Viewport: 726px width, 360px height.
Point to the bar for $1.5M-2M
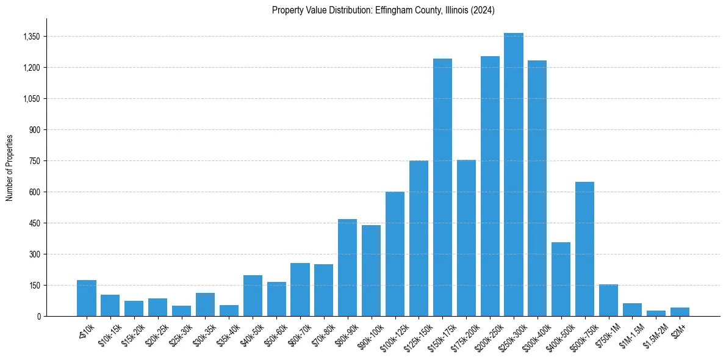point(656,313)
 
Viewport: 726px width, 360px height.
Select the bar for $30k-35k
point(205,304)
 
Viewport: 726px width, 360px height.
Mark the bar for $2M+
point(680,312)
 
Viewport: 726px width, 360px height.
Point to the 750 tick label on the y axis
point(35,161)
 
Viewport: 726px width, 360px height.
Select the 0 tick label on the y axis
point(38,316)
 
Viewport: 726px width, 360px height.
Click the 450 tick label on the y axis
point(35,223)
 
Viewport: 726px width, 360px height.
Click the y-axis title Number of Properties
point(9,167)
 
